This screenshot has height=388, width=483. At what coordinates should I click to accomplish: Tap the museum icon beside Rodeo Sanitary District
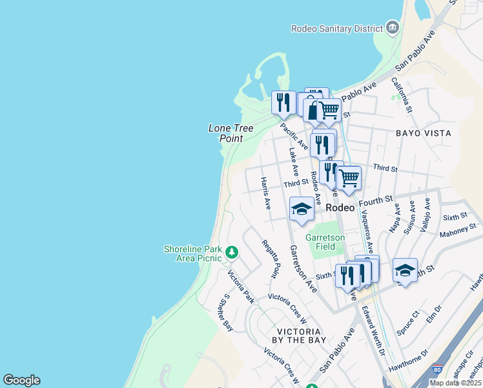coord(391,27)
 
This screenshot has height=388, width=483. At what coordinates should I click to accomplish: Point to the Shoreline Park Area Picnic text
coord(192,253)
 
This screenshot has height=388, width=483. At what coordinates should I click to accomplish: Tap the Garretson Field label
coord(321,241)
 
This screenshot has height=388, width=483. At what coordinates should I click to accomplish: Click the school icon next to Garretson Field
coord(302,209)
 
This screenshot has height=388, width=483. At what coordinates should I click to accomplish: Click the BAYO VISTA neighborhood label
coord(423,133)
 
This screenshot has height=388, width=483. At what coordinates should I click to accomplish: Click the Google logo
coord(21,380)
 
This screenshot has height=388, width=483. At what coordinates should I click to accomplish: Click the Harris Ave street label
coord(265,193)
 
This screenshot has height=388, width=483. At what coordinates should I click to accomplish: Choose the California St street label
coord(400,94)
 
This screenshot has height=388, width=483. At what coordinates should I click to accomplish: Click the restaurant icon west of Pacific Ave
coord(283,102)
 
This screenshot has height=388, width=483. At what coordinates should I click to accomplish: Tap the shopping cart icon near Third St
coord(349,177)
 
